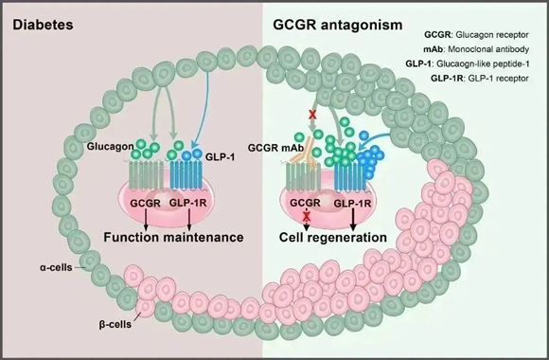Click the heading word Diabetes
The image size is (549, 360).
point(43,25)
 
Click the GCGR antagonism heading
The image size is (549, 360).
point(338,25)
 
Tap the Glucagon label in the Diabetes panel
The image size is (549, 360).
point(111,146)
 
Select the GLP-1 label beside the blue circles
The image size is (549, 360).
point(220,157)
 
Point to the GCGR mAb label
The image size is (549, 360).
point(275,148)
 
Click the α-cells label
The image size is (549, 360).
point(56,268)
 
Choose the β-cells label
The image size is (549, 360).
point(115,325)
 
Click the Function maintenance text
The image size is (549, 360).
point(173,237)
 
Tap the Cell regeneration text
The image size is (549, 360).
point(333,237)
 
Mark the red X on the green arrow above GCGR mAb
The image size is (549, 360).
point(312,115)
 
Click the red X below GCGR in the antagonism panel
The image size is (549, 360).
point(307,217)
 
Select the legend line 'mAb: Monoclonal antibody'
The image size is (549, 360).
point(476,49)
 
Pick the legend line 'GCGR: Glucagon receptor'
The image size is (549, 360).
point(476,35)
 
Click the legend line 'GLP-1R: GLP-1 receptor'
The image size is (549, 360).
point(480,79)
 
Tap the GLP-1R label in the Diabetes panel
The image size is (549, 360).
point(187,203)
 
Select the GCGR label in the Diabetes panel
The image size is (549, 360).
point(146,203)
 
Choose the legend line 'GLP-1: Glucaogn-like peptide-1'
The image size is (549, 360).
point(468,63)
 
